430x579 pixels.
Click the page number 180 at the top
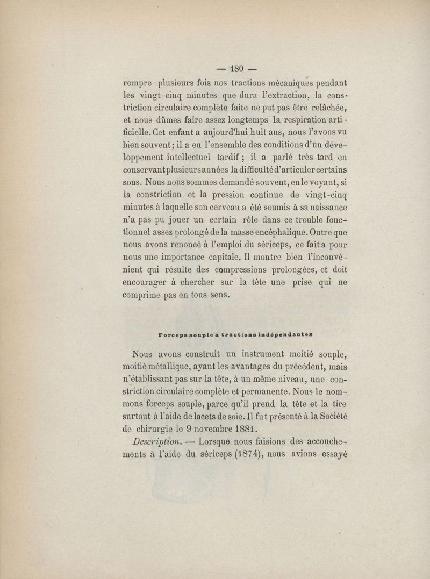[238, 68]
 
